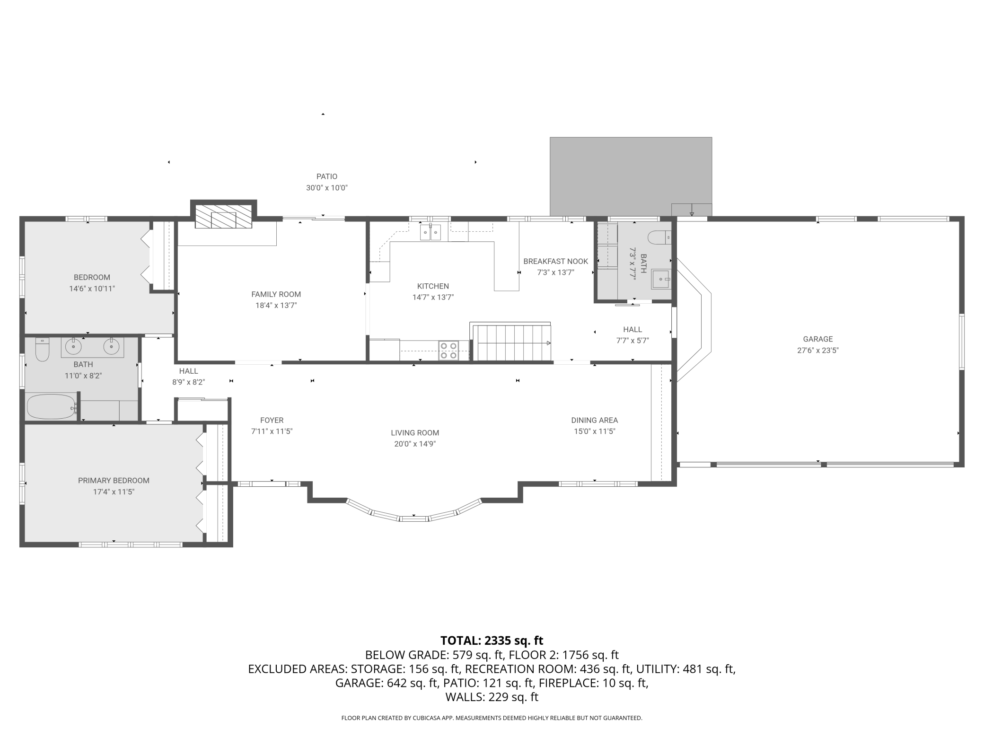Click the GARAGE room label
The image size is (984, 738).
click(x=817, y=339)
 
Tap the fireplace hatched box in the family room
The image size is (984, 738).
click(x=223, y=217)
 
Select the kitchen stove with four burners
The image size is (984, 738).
click(x=448, y=351)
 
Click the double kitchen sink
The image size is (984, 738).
click(x=430, y=232)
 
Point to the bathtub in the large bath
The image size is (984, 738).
click(x=51, y=407)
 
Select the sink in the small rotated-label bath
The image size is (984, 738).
click(x=661, y=279)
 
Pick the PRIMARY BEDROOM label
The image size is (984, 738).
click(x=114, y=481)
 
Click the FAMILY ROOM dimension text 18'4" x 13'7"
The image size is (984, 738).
click(x=276, y=306)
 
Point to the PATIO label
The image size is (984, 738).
click(x=327, y=176)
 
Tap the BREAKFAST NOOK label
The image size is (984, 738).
click(x=555, y=261)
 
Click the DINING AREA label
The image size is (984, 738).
click(x=594, y=420)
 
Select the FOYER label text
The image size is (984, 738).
click(x=272, y=420)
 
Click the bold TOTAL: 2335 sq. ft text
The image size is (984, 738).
click(x=492, y=641)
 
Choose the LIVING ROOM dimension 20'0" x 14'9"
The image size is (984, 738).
click(x=415, y=444)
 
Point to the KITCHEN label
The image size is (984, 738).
click(x=433, y=286)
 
